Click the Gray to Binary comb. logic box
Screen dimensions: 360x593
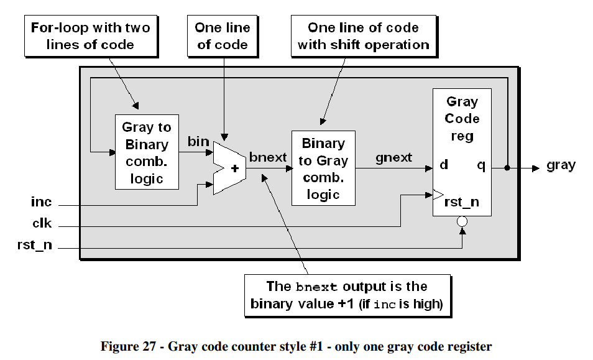click(x=147, y=152)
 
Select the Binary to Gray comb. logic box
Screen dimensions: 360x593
click(x=323, y=168)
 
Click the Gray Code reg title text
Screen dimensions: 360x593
click(x=462, y=118)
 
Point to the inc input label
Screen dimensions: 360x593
click(x=42, y=203)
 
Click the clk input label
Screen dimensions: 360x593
click(x=42, y=224)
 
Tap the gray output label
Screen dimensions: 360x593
click(x=561, y=165)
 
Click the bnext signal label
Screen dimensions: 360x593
click(x=268, y=157)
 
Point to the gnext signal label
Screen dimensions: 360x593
click(x=393, y=157)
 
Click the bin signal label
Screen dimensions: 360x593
click(x=198, y=142)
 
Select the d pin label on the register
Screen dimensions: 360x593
click(x=444, y=166)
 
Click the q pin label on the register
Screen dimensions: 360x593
click(x=481, y=166)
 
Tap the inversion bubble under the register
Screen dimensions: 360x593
click(x=462, y=221)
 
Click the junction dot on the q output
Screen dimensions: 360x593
click(x=508, y=168)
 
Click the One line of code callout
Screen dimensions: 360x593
click(x=222, y=35)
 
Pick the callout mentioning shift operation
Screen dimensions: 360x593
click(x=363, y=35)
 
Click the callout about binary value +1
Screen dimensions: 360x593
click(x=346, y=295)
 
